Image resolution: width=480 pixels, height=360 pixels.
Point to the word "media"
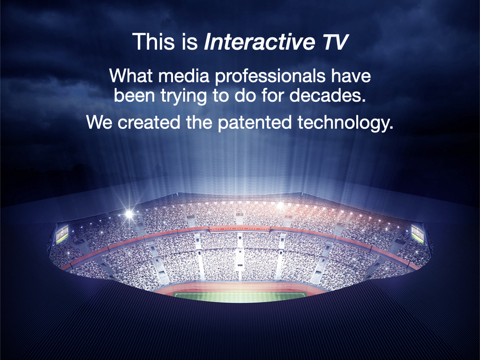[x=184, y=75]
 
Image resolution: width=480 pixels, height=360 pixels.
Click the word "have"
[x=351, y=75]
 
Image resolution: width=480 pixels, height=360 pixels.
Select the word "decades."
[x=328, y=96]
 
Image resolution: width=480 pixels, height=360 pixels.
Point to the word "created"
[x=149, y=122]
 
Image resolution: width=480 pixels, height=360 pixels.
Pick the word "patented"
[x=255, y=123]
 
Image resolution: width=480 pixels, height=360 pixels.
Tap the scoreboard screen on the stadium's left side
[x=62, y=234]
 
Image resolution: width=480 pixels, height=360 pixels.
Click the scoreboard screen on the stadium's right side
[x=418, y=233]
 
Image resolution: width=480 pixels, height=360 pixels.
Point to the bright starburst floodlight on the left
[x=129, y=214]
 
